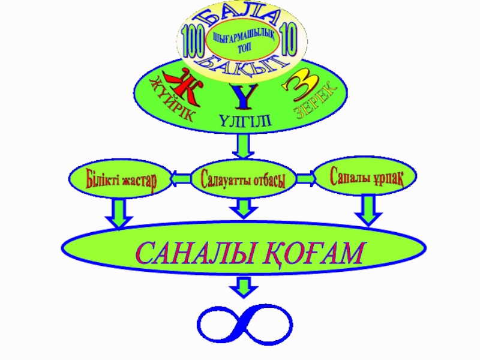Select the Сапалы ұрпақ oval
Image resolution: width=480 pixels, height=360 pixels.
coord(365,176)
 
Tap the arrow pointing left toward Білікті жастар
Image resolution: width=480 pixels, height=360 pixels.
coord(180,178)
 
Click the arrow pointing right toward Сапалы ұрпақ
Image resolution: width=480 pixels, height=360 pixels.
coord(305,178)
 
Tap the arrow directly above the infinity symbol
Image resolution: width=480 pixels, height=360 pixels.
coord(243,287)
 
